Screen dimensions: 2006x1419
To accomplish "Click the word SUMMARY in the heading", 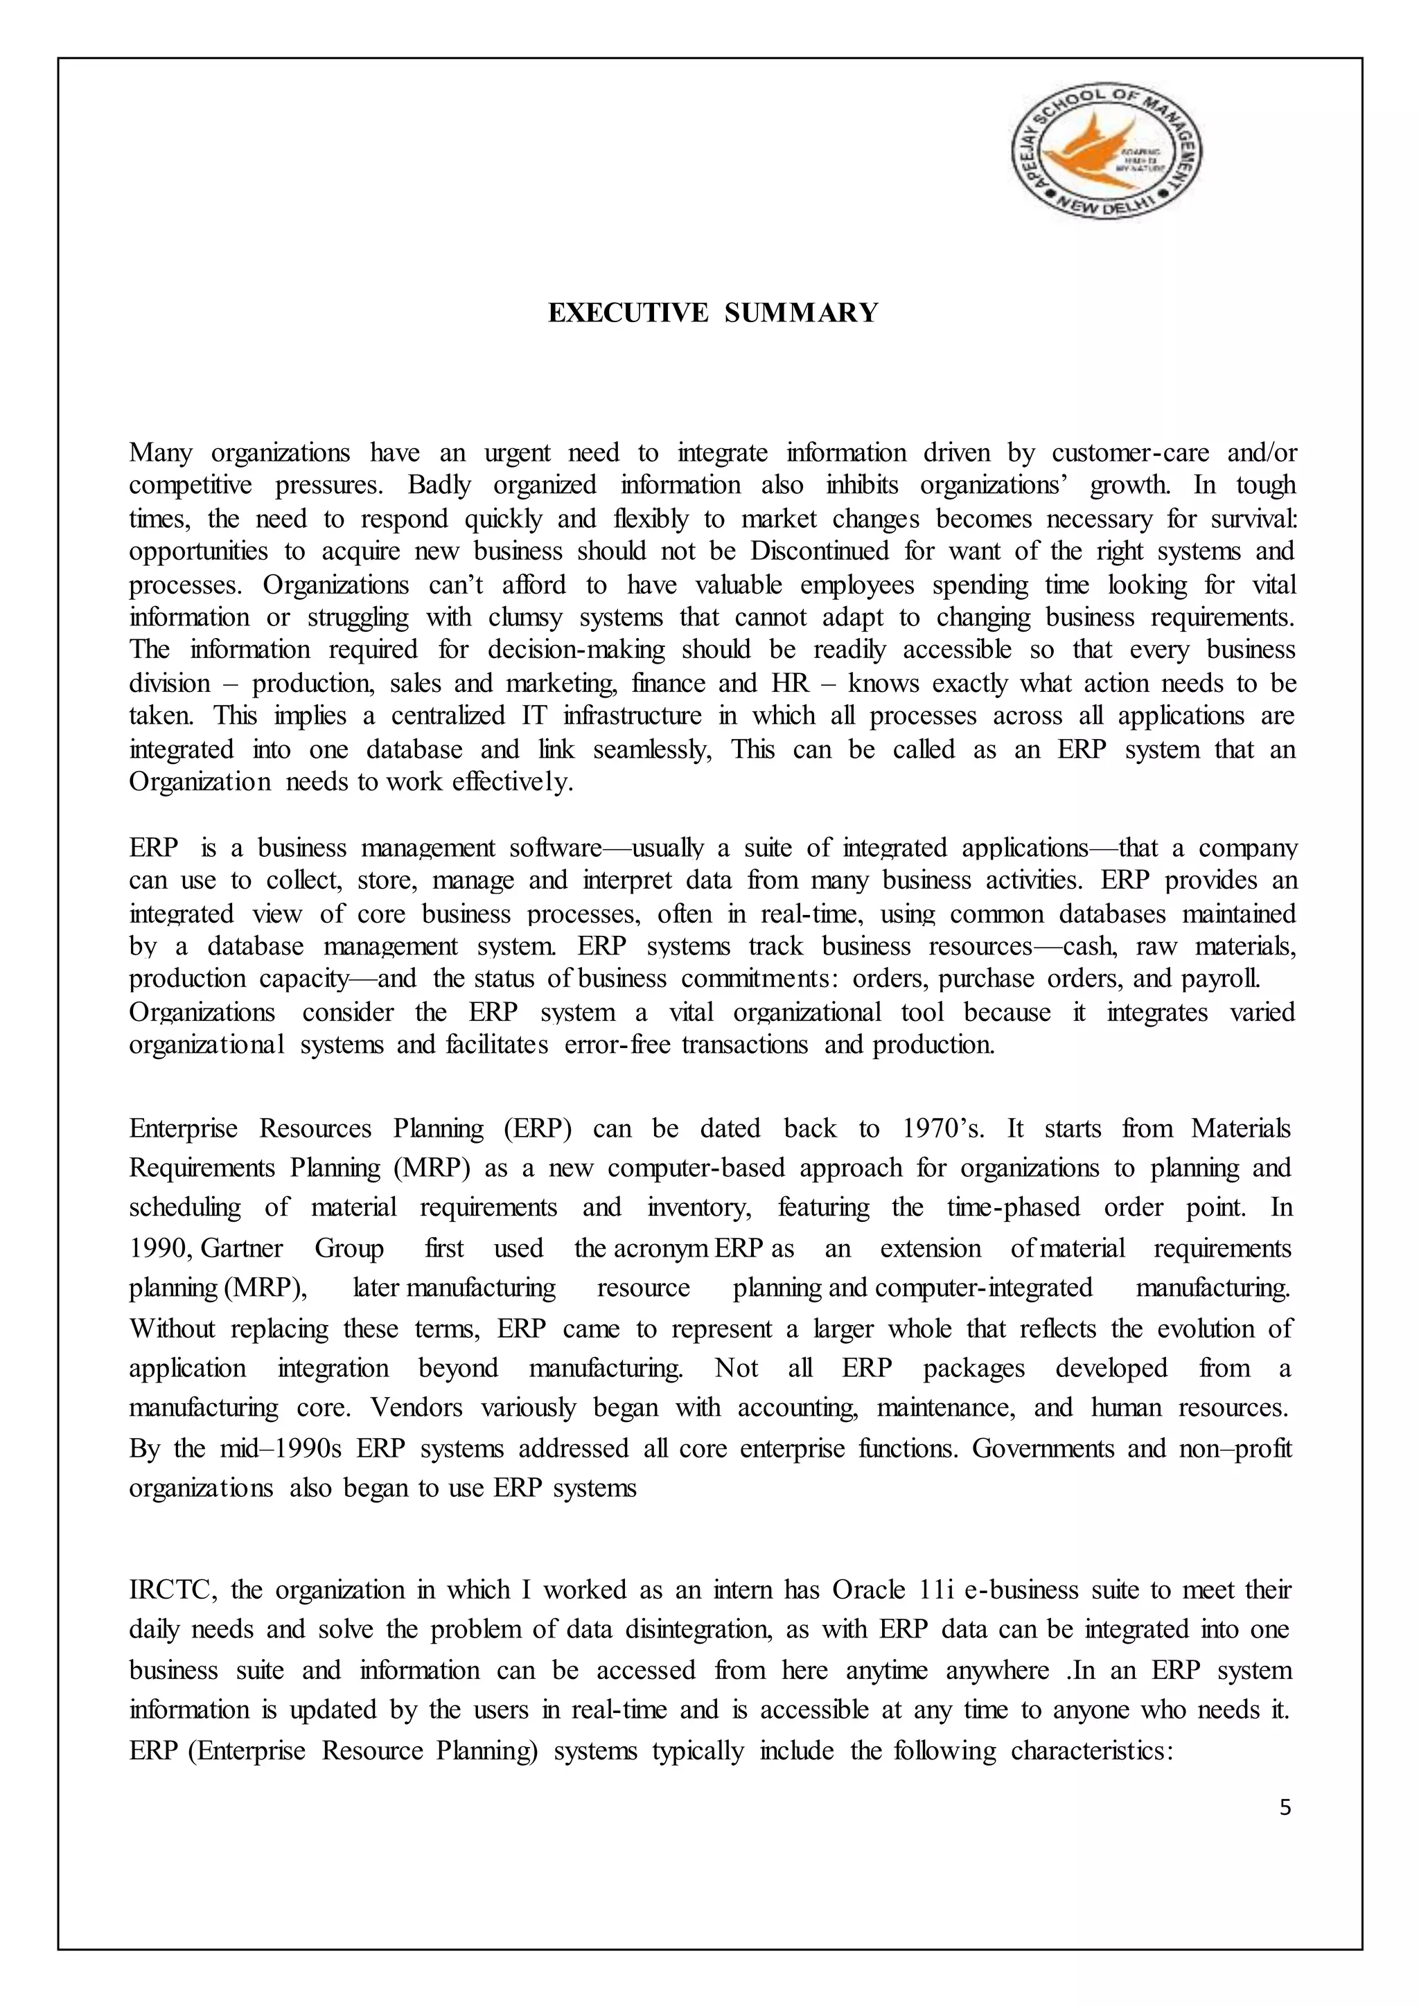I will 800,313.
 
